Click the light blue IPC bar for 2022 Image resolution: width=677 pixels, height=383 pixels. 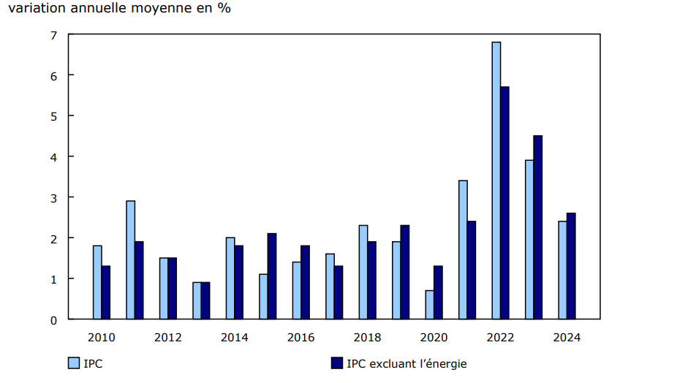tap(496, 181)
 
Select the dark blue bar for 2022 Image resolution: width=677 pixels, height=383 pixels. tap(504, 203)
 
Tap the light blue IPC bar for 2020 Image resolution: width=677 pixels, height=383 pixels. tap(430, 305)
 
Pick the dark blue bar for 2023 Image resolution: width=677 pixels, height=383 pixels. tap(538, 227)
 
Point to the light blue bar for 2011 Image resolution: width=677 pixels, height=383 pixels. tap(130, 260)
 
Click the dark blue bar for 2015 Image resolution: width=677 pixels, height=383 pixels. tap(272, 276)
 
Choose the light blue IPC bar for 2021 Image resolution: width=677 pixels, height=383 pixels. tap(463, 250)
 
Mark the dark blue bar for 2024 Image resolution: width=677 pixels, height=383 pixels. tap(571, 266)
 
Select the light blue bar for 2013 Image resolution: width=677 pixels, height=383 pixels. tap(197, 300)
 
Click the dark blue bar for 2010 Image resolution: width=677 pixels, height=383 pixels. tap(106, 292)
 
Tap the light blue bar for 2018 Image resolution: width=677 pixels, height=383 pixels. tap(363, 272)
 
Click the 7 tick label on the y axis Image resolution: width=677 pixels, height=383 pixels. tap(53, 34)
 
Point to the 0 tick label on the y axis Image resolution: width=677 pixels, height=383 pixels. tap(53, 319)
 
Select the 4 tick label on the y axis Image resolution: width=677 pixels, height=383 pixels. tap(53, 156)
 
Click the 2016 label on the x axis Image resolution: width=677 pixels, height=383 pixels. tap(300, 338)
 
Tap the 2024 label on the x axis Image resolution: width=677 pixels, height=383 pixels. tap(567, 338)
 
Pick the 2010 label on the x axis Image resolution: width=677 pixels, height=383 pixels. tap(101, 338)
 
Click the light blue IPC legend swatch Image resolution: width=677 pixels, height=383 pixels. tap(73, 363)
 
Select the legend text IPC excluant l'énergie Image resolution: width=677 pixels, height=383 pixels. tap(406, 363)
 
